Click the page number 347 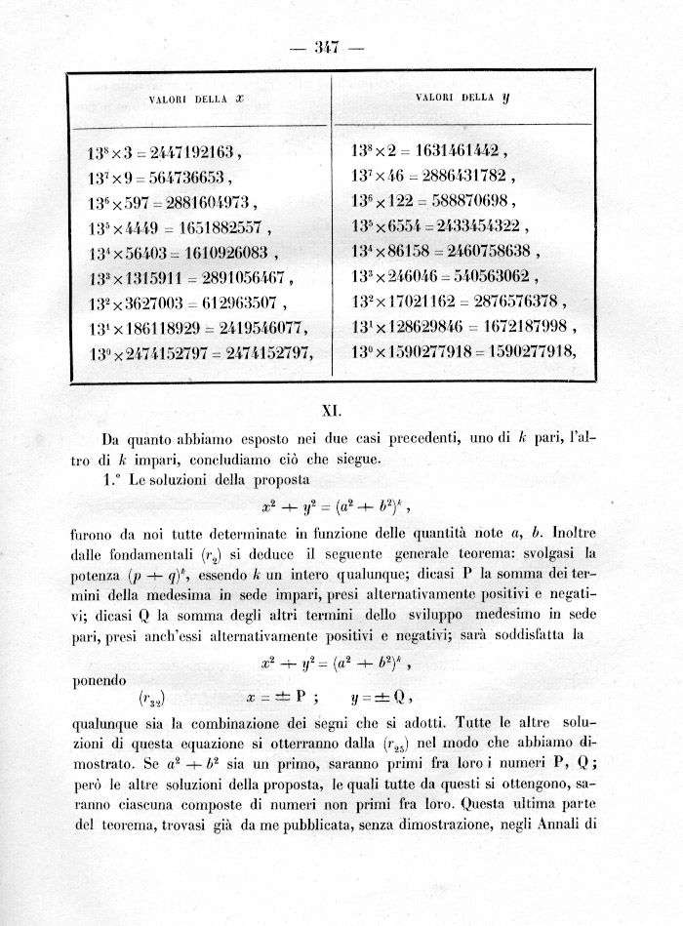tap(340, 46)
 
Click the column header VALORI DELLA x tap(195, 100)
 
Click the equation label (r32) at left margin tap(151, 700)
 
